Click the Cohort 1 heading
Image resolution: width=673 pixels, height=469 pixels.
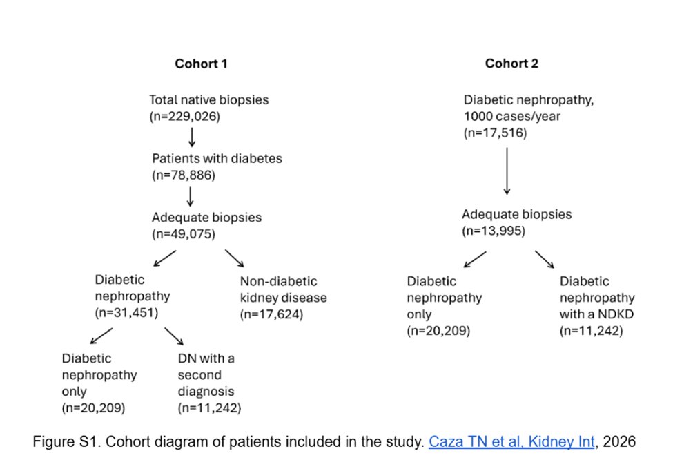point(201,64)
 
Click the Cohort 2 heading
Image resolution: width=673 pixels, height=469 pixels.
point(511,64)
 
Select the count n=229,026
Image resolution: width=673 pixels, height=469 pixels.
point(184,117)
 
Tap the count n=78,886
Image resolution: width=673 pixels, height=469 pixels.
point(184,175)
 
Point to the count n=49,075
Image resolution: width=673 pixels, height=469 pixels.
point(184,234)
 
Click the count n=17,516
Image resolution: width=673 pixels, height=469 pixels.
point(495,133)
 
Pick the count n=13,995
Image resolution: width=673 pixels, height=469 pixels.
point(494,231)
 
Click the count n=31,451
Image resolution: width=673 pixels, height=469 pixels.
point(126,313)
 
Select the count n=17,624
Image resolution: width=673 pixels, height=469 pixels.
point(272,314)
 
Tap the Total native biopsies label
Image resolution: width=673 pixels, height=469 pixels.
point(209,99)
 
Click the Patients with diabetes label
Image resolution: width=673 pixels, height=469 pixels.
point(217,158)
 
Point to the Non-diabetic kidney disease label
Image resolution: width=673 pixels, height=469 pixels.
point(283,289)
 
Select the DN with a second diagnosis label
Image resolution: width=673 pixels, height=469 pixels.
point(206,375)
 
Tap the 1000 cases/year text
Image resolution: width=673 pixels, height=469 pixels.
point(512,117)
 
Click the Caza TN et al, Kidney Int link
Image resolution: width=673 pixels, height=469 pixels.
point(511,441)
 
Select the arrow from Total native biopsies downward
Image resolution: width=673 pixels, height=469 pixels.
point(192,137)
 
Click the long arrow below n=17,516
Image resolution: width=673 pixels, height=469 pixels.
point(507,171)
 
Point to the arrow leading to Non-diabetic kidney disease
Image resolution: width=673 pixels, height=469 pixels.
point(235,258)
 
